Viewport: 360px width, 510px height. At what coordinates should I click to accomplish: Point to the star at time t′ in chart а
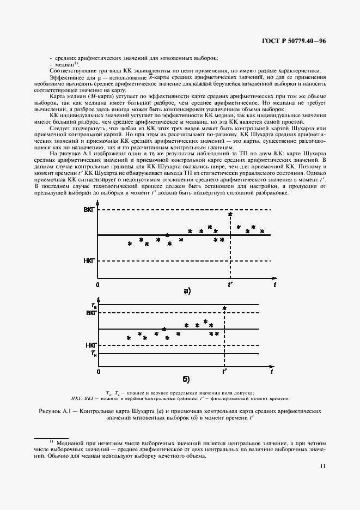click(230, 215)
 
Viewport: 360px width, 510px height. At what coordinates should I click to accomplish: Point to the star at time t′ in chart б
click(224, 309)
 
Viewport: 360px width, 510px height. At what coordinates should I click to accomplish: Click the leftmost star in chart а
click(130, 244)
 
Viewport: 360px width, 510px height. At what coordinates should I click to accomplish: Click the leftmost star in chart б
click(129, 338)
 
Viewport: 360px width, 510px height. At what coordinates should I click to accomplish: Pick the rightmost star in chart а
click(262, 231)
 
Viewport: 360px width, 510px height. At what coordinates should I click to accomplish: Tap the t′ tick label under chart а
click(230, 285)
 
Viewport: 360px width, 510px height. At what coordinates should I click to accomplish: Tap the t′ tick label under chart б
click(224, 372)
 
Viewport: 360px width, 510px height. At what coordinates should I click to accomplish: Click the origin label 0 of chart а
click(98, 285)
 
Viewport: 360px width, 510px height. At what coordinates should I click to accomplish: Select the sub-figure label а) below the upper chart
click(187, 291)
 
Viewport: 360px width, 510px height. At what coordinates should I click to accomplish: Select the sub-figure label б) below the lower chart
click(186, 378)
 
